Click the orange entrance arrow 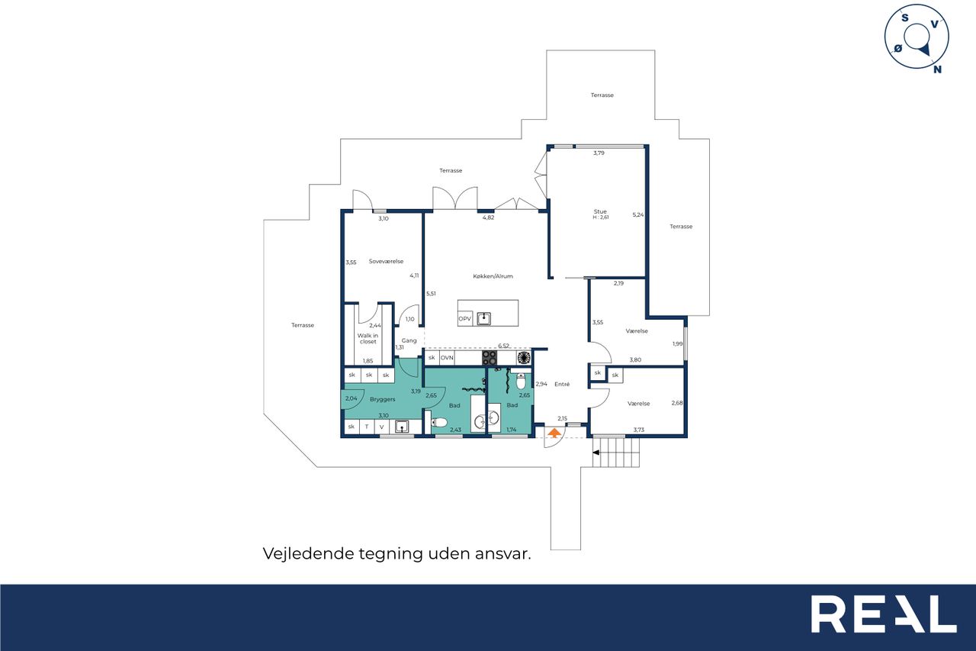click(x=554, y=433)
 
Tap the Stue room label click(x=600, y=211)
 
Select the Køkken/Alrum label click(x=493, y=276)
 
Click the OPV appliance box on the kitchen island click(x=465, y=319)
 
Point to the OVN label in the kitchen click(x=447, y=357)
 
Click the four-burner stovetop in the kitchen click(x=490, y=358)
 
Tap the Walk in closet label click(x=368, y=338)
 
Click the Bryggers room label click(x=383, y=399)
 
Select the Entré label click(x=562, y=384)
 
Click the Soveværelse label click(x=386, y=261)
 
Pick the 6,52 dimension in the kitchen click(x=504, y=346)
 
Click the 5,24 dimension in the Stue click(x=638, y=214)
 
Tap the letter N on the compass click(x=937, y=69)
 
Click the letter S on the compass click(x=905, y=18)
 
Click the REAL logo click(x=884, y=614)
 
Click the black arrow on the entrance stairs click(x=596, y=453)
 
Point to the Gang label click(x=409, y=340)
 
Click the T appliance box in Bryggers click(x=367, y=427)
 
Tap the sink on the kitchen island click(x=483, y=319)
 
